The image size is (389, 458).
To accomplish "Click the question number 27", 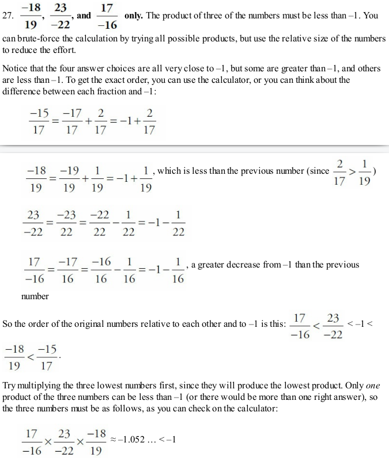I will pos(8,16).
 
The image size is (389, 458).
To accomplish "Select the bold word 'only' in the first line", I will pos(134,16).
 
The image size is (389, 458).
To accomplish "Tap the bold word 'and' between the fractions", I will pos(84,16).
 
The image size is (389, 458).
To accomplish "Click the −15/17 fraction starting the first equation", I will pos(39,122).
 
